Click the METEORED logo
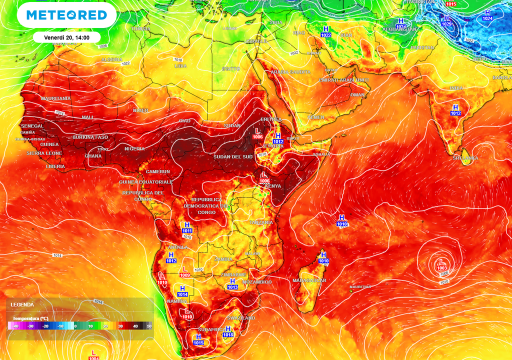click(x=66, y=15)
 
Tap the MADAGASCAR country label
click(x=309, y=280)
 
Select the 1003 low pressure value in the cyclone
click(x=442, y=268)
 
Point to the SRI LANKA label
click(x=465, y=158)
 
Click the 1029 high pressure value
click(x=446, y=24)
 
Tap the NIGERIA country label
click(x=134, y=148)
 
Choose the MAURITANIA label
click(x=56, y=98)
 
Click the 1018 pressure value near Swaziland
click(x=229, y=335)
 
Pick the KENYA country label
click(x=273, y=186)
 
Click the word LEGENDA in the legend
click(x=22, y=304)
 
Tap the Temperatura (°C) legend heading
click(x=30, y=318)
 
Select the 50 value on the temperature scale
click(x=148, y=326)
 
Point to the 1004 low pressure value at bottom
click(x=93, y=358)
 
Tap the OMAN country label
click(x=357, y=94)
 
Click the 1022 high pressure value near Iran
click(x=326, y=35)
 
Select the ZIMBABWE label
click(x=233, y=275)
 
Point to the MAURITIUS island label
click(x=360, y=287)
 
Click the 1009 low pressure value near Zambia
click(x=184, y=275)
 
